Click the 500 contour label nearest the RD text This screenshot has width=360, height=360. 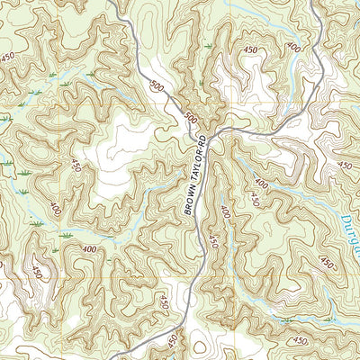point(189,118)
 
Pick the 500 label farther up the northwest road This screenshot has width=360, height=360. point(159,89)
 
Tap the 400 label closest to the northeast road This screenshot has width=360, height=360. point(293,46)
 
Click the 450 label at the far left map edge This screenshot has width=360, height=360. point(9,58)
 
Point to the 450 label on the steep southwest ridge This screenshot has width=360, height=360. point(37,273)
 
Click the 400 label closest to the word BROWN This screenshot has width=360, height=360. point(224,213)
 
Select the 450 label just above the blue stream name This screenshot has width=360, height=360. point(345,166)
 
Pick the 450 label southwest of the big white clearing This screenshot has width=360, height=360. point(75,167)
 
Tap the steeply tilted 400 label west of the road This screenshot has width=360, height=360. point(56,209)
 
